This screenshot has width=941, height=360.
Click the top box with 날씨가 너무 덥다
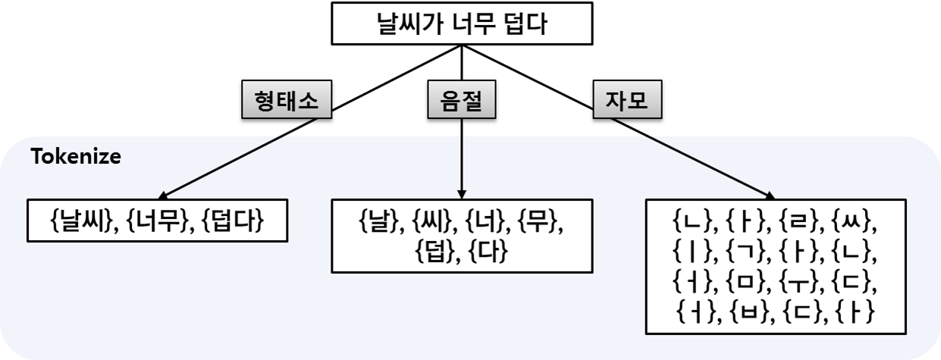click(x=461, y=24)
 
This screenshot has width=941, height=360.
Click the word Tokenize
click(x=75, y=158)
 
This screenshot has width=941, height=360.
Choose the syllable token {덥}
click(x=435, y=252)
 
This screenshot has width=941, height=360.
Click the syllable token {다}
click(x=488, y=252)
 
